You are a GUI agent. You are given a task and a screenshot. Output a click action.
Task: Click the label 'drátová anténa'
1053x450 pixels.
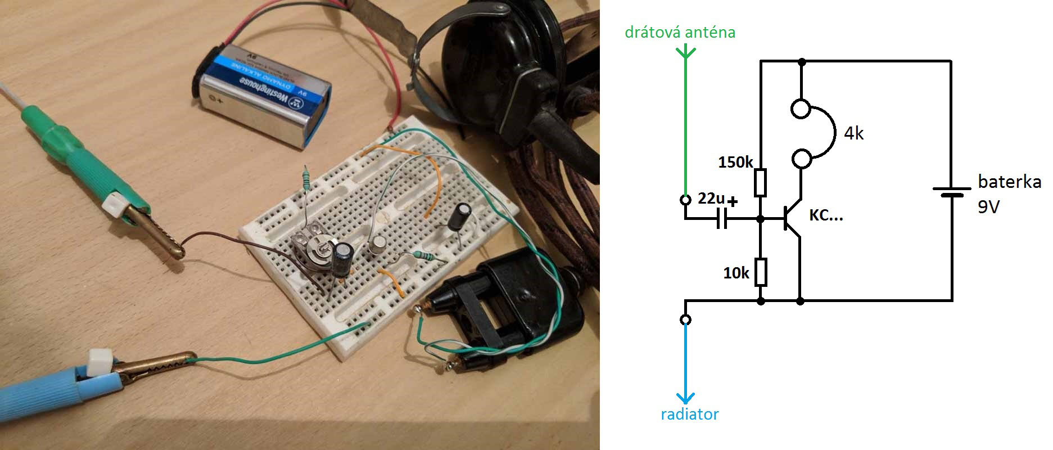pyautogui.click(x=680, y=32)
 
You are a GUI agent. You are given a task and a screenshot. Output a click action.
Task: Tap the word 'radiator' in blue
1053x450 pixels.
pyautogui.click(x=689, y=415)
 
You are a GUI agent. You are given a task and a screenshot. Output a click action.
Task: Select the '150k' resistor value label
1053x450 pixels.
pyautogui.click(x=735, y=163)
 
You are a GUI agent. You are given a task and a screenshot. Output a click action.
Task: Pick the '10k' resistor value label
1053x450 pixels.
pyautogui.click(x=736, y=273)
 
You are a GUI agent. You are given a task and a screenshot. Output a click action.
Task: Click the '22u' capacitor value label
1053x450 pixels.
pyautogui.click(x=711, y=199)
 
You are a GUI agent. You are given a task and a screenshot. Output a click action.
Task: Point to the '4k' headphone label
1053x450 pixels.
pyautogui.click(x=853, y=133)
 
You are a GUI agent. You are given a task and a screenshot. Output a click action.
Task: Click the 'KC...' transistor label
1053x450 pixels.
pyautogui.click(x=826, y=216)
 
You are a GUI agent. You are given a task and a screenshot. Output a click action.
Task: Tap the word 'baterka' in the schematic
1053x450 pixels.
pyautogui.click(x=1009, y=182)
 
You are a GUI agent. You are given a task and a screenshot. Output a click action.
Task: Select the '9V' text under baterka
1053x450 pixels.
pyautogui.click(x=988, y=207)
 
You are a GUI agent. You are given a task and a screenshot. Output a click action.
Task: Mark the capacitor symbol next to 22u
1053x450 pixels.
pyautogui.click(x=721, y=219)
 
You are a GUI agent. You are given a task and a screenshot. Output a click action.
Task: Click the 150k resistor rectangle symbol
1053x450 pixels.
pyautogui.click(x=760, y=182)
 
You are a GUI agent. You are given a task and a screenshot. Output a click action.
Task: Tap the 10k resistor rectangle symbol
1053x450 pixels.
pyautogui.click(x=760, y=272)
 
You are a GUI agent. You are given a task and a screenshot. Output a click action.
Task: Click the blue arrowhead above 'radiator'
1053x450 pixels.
pyautogui.click(x=685, y=398)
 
